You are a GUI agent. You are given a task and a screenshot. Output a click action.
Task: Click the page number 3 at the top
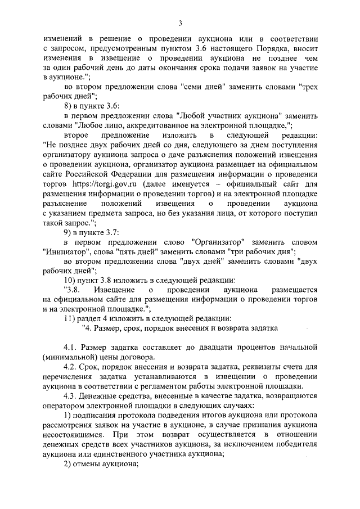179,23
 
